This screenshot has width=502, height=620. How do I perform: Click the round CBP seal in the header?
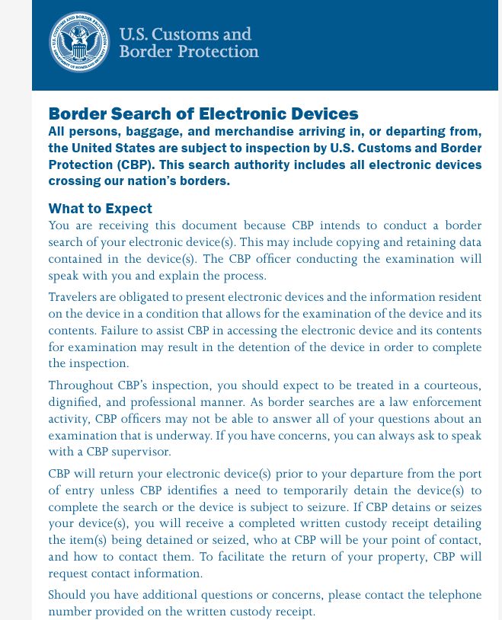pyautogui.click(x=79, y=42)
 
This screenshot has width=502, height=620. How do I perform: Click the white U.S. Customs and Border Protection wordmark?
pyautogui.click(x=189, y=43)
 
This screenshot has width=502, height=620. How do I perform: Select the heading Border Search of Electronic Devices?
pyautogui.click(x=203, y=114)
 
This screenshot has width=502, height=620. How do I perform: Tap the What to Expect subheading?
pyautogui.click(x=100, y=209)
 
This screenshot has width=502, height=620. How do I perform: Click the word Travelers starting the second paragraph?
pyautogui.click(x=75, y=297)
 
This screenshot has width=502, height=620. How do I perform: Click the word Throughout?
pyautogui.click(x=82, y=385)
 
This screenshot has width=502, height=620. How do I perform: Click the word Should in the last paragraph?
pyautogui.click(x=68, y=595)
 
